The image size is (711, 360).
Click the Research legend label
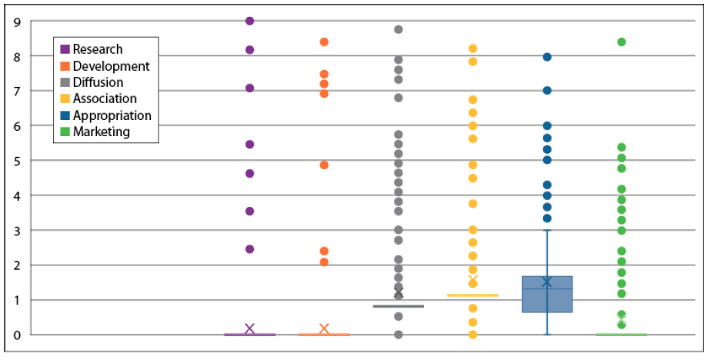click(98, 49)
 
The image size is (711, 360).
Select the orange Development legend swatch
click(65, 66)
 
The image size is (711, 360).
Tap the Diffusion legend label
click(98, 82)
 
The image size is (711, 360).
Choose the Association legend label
click(105, 98)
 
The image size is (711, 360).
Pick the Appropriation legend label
click(112, 115)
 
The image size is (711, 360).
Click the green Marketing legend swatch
click(65, 132)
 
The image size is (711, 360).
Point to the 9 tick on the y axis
click(17, 22)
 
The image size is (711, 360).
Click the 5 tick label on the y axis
click(17, 161)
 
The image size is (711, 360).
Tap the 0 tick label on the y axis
click(17, 335)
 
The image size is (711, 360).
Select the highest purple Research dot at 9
click(249, 21)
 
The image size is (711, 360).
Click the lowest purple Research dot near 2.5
click(249, 249)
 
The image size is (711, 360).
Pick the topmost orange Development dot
click(324, 42)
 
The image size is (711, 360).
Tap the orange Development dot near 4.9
click(324, 165)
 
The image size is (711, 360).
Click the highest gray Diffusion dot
click(398, 29)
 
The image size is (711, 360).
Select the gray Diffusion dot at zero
click(398, 335)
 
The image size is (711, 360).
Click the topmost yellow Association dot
click(472, 48)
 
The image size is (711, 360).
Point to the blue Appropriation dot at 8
click(547, 57)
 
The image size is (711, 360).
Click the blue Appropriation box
click(547, 294)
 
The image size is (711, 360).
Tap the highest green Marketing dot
click(621, 42)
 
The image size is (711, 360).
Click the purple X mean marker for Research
click(249, 328)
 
